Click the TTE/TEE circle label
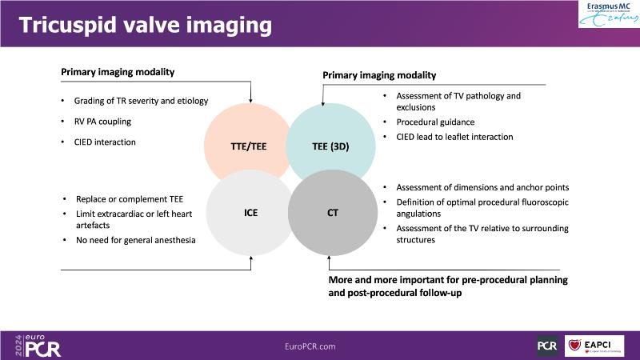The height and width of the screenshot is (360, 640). point(249,146)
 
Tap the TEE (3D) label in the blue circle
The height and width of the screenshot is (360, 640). point(330,146)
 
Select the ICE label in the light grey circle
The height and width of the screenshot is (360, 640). point(250,213)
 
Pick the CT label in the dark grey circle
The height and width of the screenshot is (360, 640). point(333,213)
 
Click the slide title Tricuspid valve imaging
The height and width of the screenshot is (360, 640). point(146,25)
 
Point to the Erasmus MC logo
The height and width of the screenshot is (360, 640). point(609,14)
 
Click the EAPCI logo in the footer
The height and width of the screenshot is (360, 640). point(594,346)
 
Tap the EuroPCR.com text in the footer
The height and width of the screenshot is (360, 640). point(310,346)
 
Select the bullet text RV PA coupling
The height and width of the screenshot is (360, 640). point(102,122)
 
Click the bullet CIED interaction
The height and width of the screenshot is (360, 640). point(105,142)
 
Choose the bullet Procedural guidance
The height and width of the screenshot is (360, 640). point(435,122)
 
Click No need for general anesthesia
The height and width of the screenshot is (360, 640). point(135,240)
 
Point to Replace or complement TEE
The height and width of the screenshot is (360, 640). point(130,199)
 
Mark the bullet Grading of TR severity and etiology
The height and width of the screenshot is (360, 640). point(141,101)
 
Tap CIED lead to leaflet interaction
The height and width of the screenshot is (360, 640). point(454,137)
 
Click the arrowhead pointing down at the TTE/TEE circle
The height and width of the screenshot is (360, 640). point(250,101)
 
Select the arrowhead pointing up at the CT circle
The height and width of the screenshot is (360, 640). point(329,258)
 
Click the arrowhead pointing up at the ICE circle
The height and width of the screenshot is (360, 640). point(251,258)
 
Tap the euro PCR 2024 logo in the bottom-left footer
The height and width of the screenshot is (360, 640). point(38,346)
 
